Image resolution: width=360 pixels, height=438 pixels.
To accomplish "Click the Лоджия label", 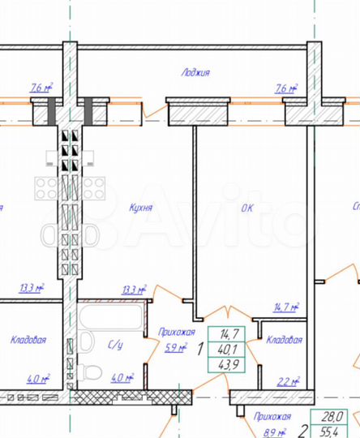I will (x=195, y=72).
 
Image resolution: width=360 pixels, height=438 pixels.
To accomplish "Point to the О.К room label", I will (x=247, y=208).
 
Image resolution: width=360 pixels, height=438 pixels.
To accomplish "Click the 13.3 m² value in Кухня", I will (x=134, y=289).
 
